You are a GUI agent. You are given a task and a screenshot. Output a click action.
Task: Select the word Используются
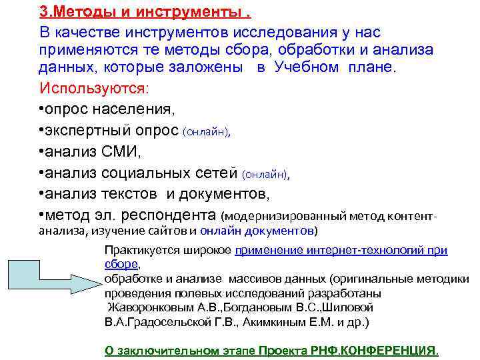tap(94, 88)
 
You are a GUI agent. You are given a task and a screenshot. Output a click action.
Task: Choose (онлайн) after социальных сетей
tap(266, 175)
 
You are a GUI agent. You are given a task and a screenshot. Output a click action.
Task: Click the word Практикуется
tap(137, 251)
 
